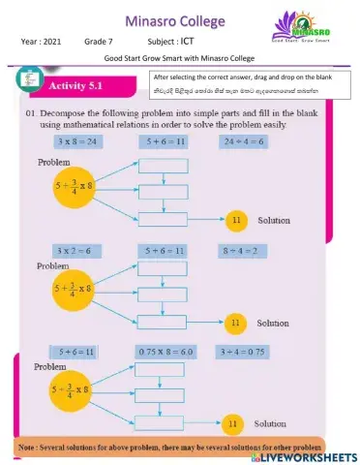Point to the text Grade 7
pyautogui.click(x=100, y=43)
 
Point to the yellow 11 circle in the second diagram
pyautogui.click(x=233, y=322)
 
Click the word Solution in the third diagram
pyautogui.click(x=270, y=423)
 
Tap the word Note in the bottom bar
pyautogui.click(x=30, y=449)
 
